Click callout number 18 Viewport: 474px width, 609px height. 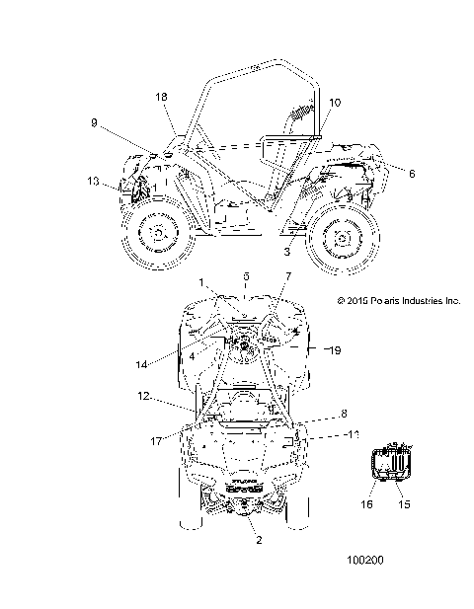click(161, 97)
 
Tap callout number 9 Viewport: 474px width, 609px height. click(94, 122)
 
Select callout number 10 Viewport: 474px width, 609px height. click(335, 103)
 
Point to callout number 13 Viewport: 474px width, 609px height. click(93, 181)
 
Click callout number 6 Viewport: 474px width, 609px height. click(412, 173)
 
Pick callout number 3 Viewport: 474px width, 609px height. click(286, 252)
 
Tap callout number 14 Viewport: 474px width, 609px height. click(141, 364)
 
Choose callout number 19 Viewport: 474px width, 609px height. click(335, 350)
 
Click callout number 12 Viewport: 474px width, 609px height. click(143, 396)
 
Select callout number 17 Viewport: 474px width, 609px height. click(156, 441)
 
